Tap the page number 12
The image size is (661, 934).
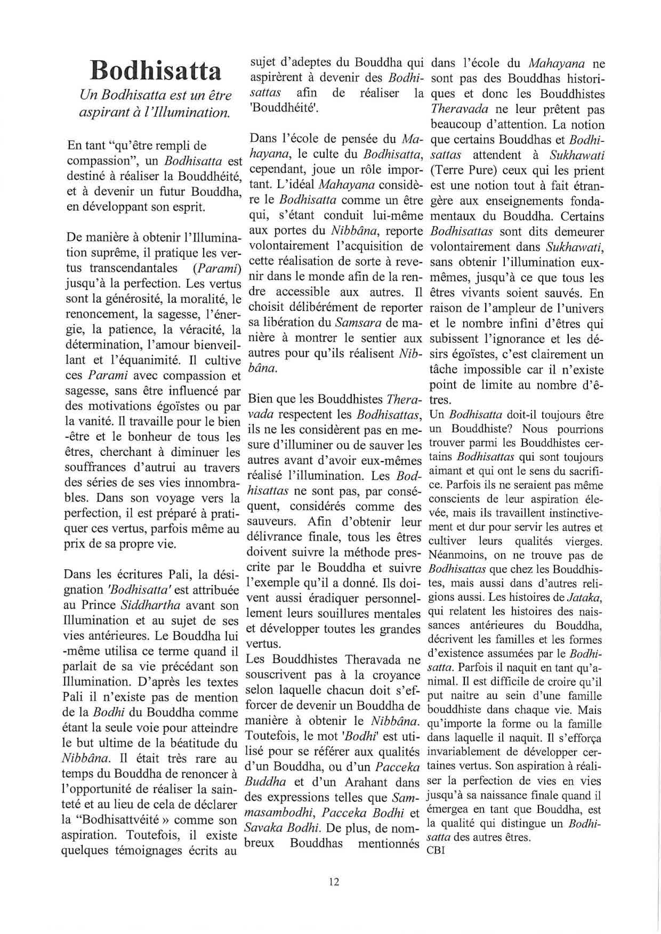334,882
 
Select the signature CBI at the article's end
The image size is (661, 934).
436,851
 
